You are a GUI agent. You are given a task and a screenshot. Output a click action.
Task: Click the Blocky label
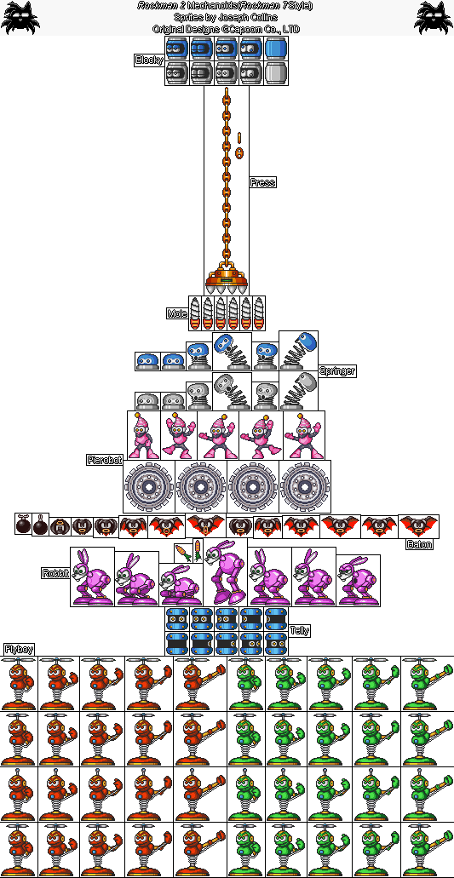click(x=149, y=60)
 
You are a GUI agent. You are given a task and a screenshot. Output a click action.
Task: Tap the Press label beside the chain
click(x=262, y=182)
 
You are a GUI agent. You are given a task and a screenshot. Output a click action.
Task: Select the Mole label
click(x=177, y=313)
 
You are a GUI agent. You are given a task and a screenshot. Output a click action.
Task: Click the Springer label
click(x=337, y=370)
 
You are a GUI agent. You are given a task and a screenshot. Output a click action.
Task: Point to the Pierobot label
click(x=105, y=460)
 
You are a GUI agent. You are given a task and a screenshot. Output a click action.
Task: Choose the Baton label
click(x=420, y=544)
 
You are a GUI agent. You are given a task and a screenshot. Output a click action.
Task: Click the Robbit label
click(x=55, y=573)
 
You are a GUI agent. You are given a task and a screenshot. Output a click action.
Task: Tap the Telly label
click(x=300, y=630)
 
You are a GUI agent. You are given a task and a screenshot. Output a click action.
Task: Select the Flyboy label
click(x=19, y=649)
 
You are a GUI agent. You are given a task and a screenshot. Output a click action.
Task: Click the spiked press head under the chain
click(x=227, y=282)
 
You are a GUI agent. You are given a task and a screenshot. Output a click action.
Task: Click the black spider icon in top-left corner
click(x=20, y=17)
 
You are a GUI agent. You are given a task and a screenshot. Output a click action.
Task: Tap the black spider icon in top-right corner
click(x=433, y=17)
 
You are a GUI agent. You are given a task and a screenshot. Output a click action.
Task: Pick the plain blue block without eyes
click(x=275, y=49)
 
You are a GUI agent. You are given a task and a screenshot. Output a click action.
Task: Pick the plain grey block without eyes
click(x=275, y=72)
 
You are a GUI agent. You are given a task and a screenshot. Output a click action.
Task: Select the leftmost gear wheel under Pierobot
click(x=149, y=486)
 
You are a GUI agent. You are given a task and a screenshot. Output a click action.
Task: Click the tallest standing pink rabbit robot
click(x=225, y=571)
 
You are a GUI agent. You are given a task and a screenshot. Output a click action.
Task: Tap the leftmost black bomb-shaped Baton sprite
click(x=23, y=524)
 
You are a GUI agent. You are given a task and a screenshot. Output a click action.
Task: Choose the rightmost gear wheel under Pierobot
click(x=305, y=486)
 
